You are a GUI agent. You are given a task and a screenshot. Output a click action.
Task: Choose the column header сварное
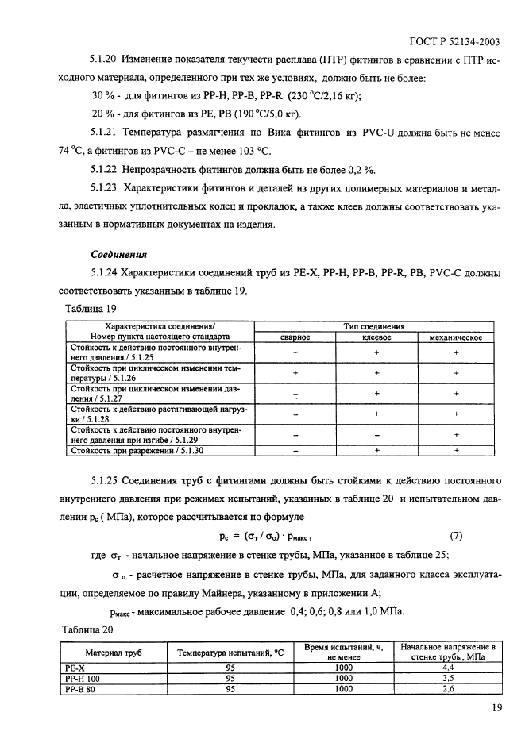[295, 337]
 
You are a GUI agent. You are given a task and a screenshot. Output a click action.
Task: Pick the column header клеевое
[377, 337]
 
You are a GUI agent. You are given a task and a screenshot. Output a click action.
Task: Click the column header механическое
[457, 337]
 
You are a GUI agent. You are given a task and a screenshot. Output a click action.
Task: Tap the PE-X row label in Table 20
[73, 669]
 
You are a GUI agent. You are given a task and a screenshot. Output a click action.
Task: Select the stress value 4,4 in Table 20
[448, 669]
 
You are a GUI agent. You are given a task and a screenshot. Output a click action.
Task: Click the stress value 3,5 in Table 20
[448, 679]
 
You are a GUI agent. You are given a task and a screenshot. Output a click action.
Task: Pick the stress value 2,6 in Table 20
[448, 690]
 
